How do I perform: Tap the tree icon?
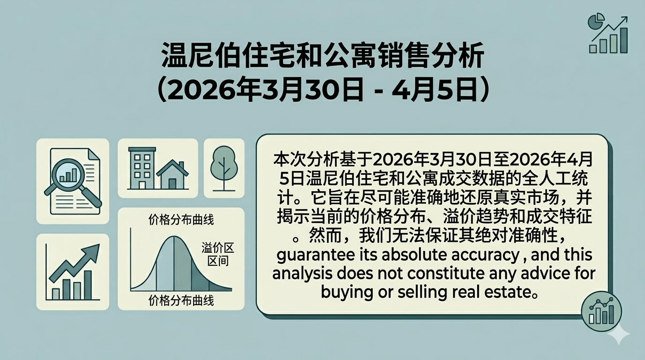pyautogui.click(x=224, y=168)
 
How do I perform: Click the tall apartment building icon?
pyautogui.click(x=142, y=168)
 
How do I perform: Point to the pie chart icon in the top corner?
pyautogui.click(x=595, y=20)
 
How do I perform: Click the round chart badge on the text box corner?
pyautogui.click(x=601, y=311)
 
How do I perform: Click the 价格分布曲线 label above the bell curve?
pyautogui.click(x=181, y=220)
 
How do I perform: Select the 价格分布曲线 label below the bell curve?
pyautogui.click(x=181, y=301)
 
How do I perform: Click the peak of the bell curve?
pyautogui.click(x=174, y=236)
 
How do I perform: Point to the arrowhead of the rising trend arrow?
pyautogui.click(x=92, y=253)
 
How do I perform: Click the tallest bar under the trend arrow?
pyautogui.click(x=88, y=285)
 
